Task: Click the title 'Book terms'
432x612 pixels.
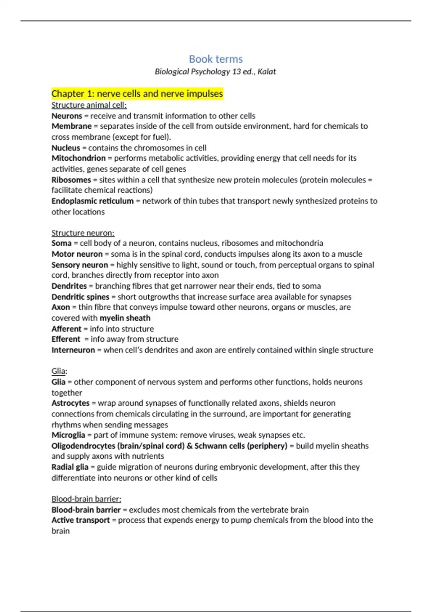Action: tap(216, 59)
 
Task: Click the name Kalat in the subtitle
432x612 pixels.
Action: tap(267, 72)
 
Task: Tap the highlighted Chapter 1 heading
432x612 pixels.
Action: tap(137, 94)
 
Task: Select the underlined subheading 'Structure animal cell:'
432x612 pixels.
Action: tap(89, 105)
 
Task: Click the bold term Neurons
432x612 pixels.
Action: tap(67, 116)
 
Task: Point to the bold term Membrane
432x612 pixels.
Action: tap(71, 126)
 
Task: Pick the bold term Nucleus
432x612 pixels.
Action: tap(66, 148)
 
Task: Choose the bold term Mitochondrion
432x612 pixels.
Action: tap(78, 158)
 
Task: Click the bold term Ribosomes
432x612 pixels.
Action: tap(71, 180)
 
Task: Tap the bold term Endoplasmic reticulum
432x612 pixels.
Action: tap(92, 201)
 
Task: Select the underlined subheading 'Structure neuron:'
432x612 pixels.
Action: tap(83, 233)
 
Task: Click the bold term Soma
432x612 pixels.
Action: tap(61, 243)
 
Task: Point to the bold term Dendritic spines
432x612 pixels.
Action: tap(80, 297)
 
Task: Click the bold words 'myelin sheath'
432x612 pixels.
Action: tap(125, 318)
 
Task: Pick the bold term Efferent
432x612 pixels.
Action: tap(66, 339)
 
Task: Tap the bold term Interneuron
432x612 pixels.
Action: tap(73, 350)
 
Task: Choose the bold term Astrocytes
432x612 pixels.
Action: tap(70, 403)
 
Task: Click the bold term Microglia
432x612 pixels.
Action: tap(68, 435)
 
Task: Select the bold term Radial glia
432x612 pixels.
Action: tap(69, 467)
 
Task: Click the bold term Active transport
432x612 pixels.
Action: tap(80, 520)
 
